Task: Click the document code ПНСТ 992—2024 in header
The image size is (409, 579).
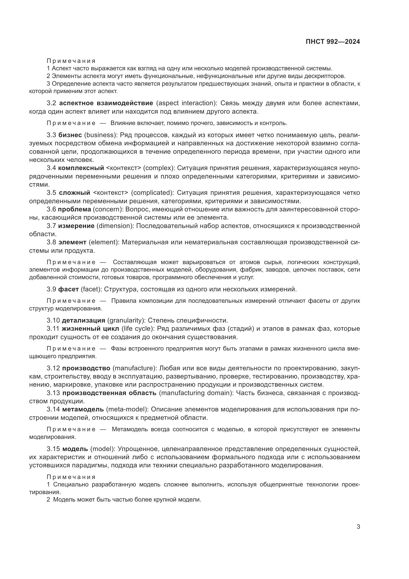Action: click(333, 42)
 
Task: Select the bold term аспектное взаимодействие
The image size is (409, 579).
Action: click(106, 103)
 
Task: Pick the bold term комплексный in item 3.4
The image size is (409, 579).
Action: click(81, 168)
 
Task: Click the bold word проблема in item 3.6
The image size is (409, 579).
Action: click(74, 209)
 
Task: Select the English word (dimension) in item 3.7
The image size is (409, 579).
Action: click(115, 226)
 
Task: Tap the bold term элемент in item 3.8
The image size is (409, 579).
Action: click(72, 242)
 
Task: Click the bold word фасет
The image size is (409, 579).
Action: click(68, 289)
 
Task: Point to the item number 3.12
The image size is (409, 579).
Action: click(53, 368)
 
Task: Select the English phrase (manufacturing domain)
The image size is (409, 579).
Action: click(196, 393)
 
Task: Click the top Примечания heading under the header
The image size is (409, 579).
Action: click(71, 61)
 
